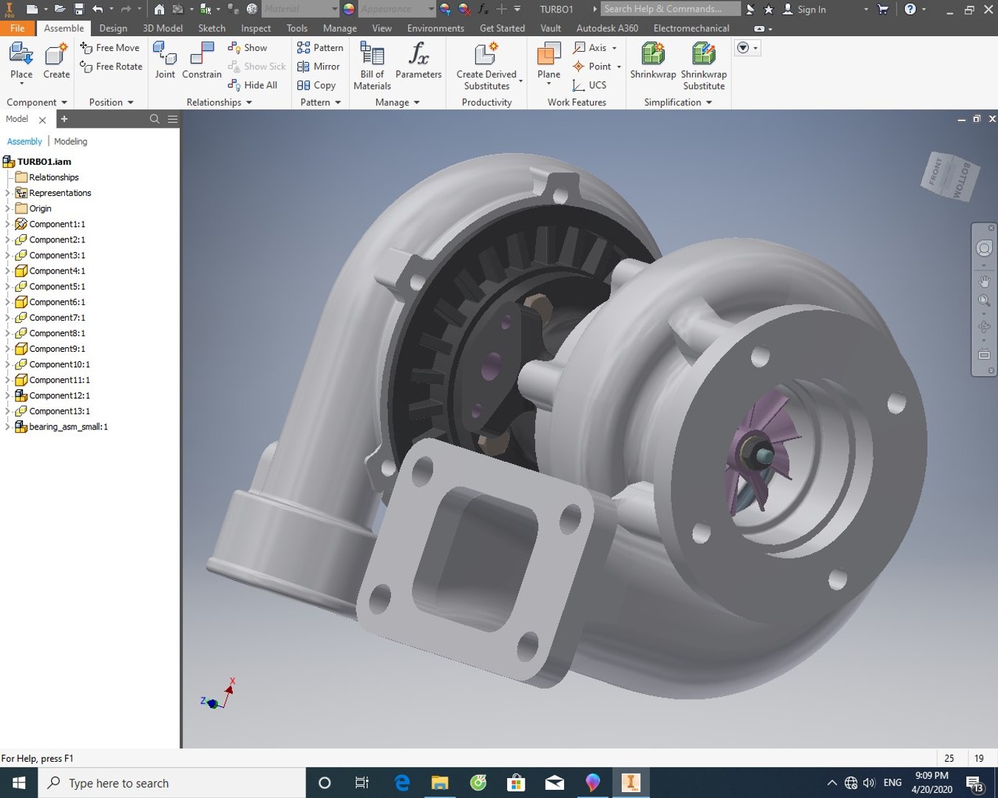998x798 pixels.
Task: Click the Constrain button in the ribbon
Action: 201,61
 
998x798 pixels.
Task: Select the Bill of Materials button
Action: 372,66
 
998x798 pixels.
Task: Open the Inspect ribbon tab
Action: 256,28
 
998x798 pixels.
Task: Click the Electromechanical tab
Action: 690,28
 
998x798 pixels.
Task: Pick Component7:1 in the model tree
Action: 57,318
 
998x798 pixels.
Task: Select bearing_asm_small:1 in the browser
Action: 68,427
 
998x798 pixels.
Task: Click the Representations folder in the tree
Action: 60,193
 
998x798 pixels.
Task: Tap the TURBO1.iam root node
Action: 44,162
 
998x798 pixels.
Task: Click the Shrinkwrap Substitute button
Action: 703,66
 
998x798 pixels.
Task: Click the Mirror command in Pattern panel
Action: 319,66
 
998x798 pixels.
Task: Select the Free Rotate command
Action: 112,66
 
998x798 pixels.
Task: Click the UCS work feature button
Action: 590,85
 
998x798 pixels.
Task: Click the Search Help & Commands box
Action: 670,9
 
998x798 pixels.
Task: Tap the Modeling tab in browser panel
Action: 70,141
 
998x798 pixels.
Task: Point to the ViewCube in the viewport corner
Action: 951,176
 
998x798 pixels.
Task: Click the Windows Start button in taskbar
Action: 18,782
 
